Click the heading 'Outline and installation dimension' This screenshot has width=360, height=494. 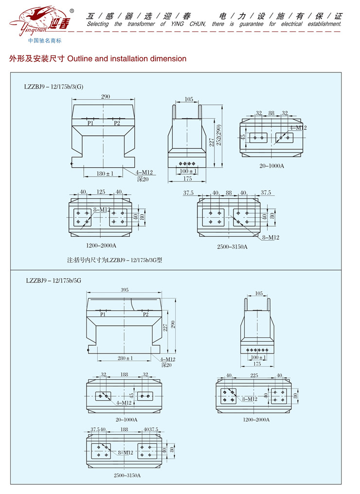(126, 59)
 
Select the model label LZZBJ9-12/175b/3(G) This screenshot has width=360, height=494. (54, 87)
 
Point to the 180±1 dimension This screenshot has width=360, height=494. (105, 173)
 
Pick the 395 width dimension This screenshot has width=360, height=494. (125, 290)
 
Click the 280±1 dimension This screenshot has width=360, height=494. (125, 358)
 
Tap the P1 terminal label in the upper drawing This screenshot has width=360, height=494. (90, 123)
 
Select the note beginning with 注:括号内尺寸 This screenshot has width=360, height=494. (114, 260)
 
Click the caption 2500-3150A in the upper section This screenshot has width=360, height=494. (232, 247)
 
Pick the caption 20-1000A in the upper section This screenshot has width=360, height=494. (272, 166)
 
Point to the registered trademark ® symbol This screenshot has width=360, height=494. (72, 11)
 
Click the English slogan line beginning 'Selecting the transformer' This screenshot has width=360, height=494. (214, 24)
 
